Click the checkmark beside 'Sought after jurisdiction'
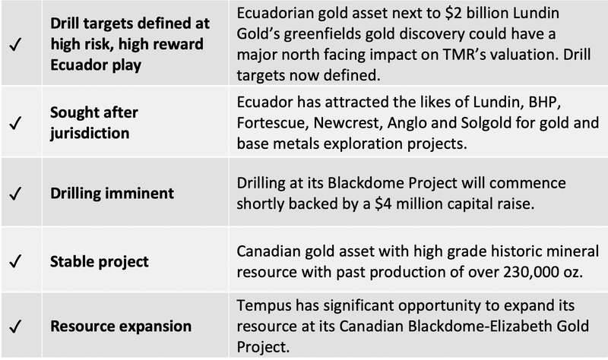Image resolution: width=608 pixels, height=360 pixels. click(x=15, y=123)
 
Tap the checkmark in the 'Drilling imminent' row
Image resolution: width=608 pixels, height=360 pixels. click(x=15, y=193)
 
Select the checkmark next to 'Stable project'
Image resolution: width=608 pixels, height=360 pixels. click(x=15, y=261)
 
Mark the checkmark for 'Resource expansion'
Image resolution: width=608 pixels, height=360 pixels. click(x=15, y=327)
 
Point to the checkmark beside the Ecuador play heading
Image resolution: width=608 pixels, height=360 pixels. click(x=15, y=44)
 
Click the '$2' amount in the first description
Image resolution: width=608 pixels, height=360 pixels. click(x=453, y=13)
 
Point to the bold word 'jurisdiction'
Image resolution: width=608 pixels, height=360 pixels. click(x=90, y=134)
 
